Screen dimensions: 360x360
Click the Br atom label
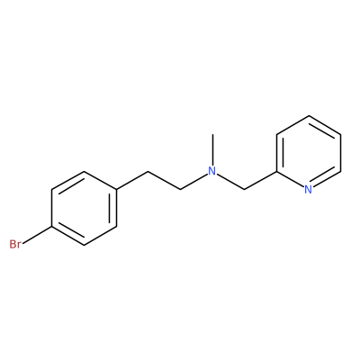tap(15, 244)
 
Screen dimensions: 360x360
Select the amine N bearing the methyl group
tap(212, 171)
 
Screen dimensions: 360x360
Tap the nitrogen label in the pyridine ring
tap(309, 189)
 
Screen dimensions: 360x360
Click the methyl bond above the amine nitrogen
tap(212, 149)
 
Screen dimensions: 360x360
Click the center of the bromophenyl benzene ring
tap(85, 208)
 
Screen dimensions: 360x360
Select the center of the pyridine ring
tap(309, 153)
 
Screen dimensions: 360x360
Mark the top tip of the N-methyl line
tap(212, 134)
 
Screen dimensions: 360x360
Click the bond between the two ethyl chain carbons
tap(164, 180)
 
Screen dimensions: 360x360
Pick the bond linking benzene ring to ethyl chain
tap(132, 180)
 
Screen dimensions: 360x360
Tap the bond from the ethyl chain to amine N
tap(193, 182)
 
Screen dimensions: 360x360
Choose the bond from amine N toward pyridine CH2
tap(230, 182)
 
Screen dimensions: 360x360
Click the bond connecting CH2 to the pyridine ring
tap(260, 180)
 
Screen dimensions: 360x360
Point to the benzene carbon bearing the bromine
tap(52, 227)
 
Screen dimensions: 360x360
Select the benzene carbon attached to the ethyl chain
tap(116, 190)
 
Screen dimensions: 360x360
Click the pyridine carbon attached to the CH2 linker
tap(276, 171)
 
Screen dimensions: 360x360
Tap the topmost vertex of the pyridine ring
tap(309, 116)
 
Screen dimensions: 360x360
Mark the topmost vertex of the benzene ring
tap(85, 172)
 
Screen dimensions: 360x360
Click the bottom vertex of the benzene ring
tap(85, 246)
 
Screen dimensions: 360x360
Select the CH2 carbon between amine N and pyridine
tap(245, 190)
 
